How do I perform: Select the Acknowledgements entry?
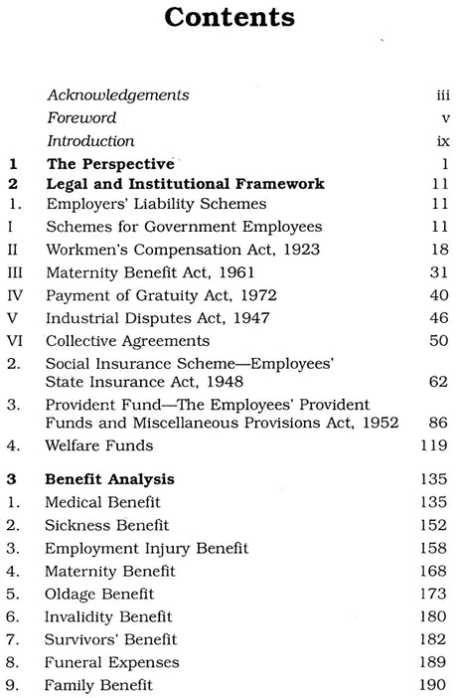[117, 95]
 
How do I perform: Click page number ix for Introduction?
[429, 141]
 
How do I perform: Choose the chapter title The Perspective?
[110, 162]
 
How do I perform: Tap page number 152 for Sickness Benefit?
[421, 525]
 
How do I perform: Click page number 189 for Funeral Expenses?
[421, 661]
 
